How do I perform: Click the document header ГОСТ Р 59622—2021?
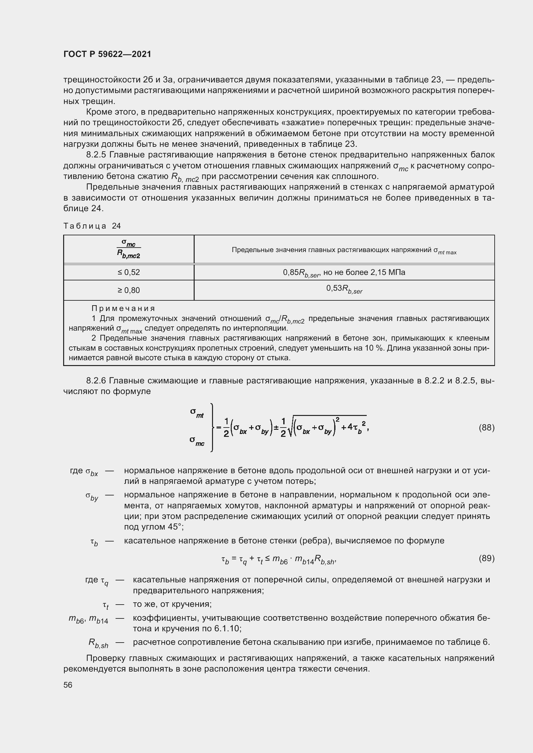point(107,54)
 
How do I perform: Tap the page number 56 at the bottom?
point(68,685)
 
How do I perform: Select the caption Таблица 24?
point(92,226)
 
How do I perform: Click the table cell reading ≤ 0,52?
point(129,272)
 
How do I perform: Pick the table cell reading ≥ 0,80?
point(129,290)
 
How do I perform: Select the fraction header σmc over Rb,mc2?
point(129,249)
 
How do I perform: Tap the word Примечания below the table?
point(123,308)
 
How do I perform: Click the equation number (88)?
point(486,428)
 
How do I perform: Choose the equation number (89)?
point(486,558)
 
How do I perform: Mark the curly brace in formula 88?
point(213,427)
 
